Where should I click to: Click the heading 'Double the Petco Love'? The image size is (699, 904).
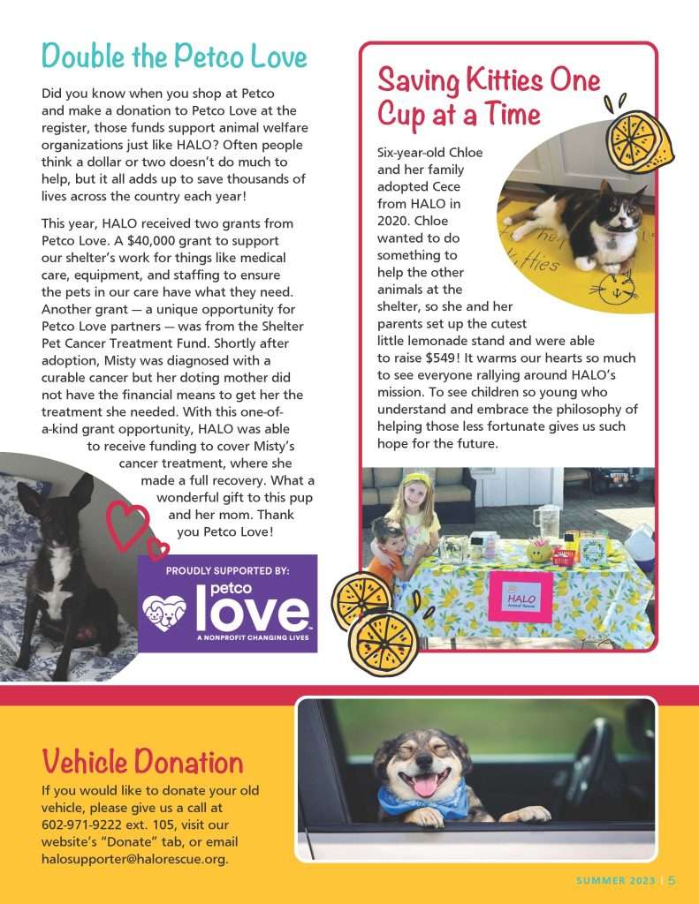[174, 56]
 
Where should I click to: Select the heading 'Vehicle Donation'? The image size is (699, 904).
[142, 761]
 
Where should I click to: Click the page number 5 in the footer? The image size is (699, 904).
[672, 880]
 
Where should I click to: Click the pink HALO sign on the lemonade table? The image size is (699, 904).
[520, 598]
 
